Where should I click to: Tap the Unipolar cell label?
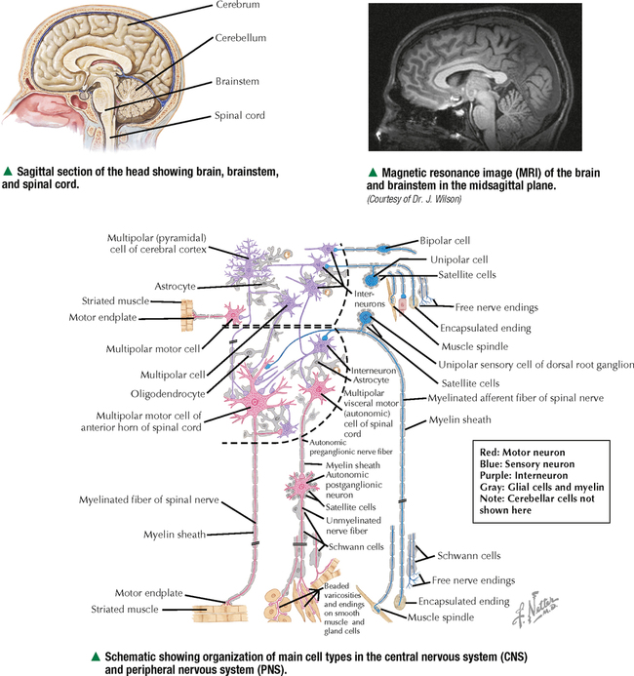point(458,260)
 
